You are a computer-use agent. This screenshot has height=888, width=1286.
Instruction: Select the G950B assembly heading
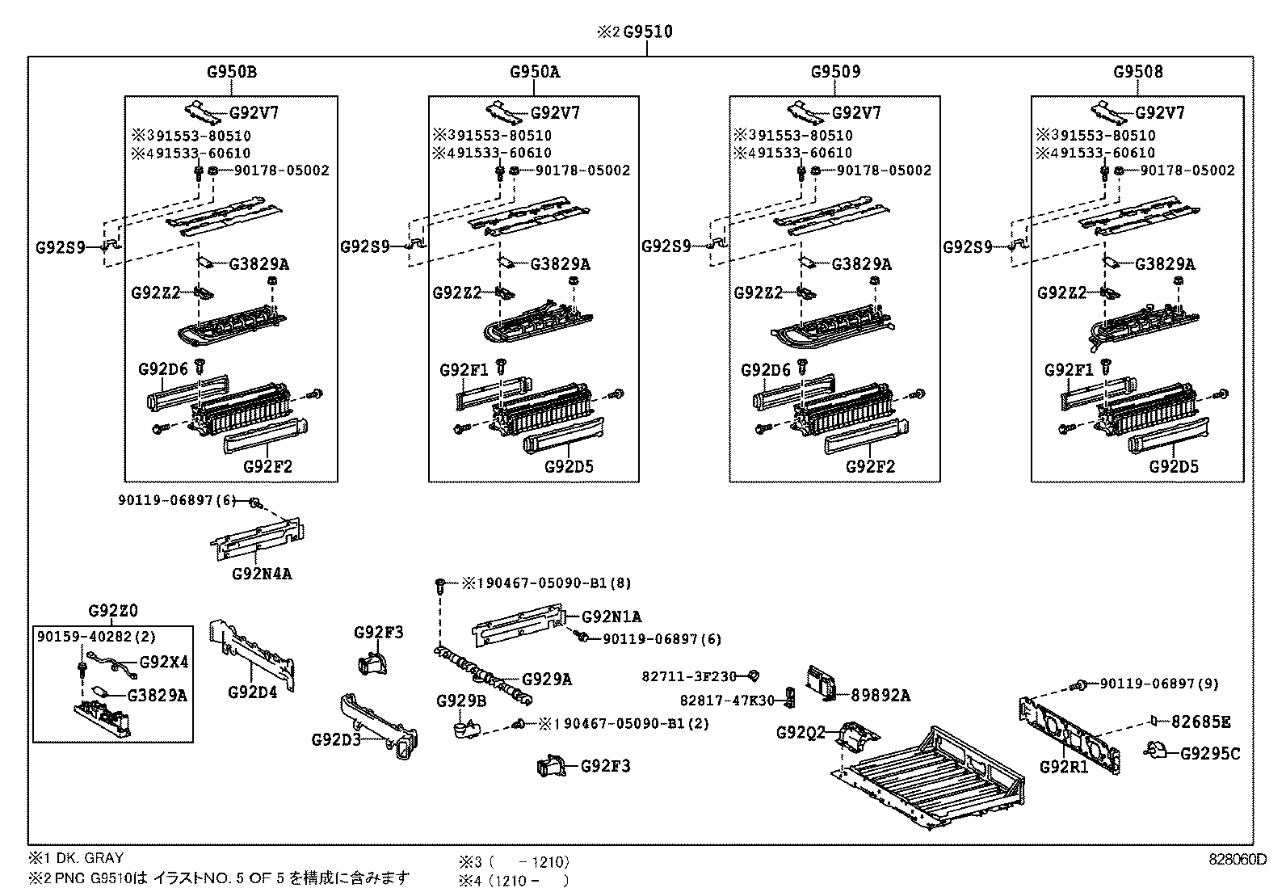pos(231,71)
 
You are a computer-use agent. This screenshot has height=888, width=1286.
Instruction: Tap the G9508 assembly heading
pos(1137,71)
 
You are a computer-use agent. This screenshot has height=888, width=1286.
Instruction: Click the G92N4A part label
pos(262,574)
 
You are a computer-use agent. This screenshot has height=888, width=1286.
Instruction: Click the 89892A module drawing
pos(823,682)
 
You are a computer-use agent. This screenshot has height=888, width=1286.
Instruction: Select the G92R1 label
pos(1064,766)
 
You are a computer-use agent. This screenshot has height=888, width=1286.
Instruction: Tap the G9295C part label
pos(1209,754)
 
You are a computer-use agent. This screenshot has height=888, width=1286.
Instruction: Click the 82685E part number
pos(1201,722)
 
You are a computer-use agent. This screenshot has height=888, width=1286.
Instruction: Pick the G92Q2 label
pos(801,733)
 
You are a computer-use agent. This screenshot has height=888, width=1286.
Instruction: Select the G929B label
pos(461,701)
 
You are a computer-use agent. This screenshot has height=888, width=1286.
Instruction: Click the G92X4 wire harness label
pos(164,663)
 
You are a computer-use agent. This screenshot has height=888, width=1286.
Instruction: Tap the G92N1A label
pos(611,617)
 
